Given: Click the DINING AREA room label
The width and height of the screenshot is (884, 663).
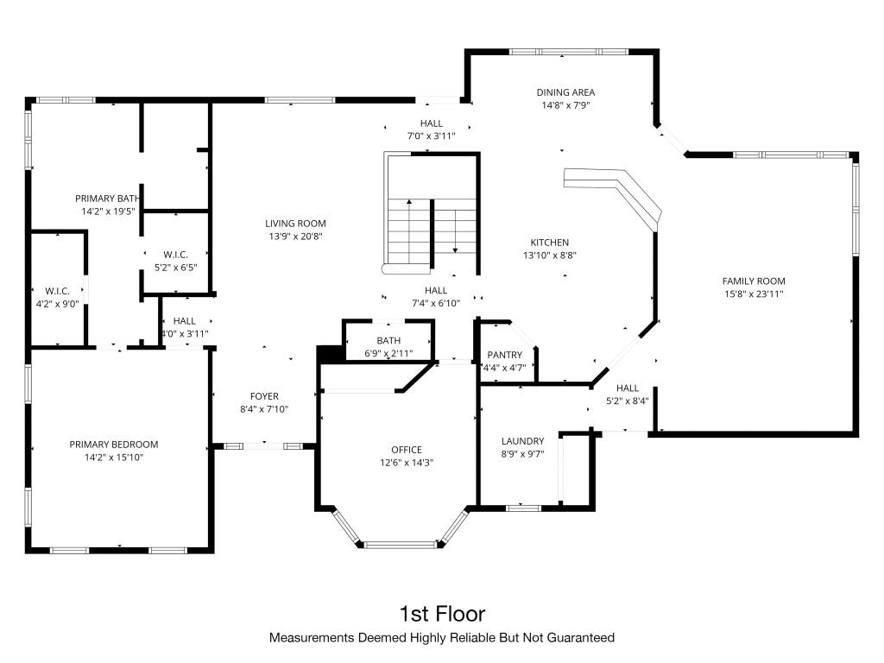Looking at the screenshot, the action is (565, 92).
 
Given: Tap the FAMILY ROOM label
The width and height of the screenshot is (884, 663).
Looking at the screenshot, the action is (754, 281).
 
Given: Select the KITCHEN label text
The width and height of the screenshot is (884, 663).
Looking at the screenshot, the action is (550, 243).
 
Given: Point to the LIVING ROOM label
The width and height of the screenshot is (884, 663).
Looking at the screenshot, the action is (295, 224).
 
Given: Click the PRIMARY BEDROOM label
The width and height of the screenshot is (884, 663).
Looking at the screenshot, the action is (114, 445).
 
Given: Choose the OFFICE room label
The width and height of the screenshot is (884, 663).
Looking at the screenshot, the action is (407, 449).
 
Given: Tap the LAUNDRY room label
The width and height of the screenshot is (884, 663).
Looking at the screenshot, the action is (522, 441).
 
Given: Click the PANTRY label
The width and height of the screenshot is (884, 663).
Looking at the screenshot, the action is (504, 355).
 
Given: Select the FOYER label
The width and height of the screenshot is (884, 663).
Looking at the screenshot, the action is (264, 396).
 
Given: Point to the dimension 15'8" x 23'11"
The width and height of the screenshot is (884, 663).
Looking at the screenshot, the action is (754, 294).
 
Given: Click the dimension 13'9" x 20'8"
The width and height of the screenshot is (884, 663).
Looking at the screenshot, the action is (295, 237).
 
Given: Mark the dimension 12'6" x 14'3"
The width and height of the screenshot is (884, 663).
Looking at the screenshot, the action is (407, 463).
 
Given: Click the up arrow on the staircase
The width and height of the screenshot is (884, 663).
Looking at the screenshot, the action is (408, 231).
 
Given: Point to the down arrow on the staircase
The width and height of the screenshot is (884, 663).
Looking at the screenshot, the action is (455, 226).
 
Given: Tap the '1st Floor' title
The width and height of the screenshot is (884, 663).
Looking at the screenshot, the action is (442, 614).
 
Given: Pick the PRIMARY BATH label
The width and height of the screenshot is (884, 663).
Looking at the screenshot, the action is (107, 199).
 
